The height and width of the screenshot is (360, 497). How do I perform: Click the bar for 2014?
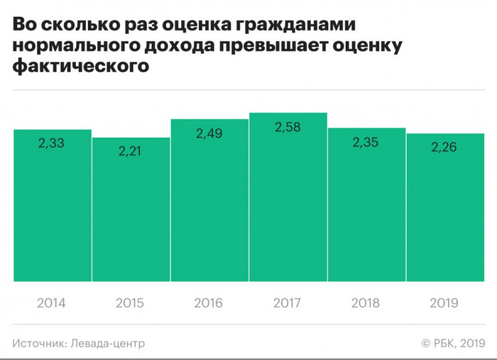click(x=53, y=213)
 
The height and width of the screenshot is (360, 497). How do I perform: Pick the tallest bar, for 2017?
click(x=288, y=206)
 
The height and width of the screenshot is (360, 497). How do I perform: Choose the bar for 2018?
click(x=366, y=213)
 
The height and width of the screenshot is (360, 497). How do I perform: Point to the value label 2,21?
click(x=131, y=151)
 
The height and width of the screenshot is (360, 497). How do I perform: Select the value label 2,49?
click(x=209, y=132)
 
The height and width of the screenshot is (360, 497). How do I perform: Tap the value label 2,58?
click(x=288, y=126)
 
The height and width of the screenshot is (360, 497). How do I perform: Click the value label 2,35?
click(x=366, y=141)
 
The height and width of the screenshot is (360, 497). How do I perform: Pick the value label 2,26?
click(x=444, y=148)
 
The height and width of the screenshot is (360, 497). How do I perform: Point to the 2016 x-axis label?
click(x=209, y=303)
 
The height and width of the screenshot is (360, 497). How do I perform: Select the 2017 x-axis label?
click(x=288, y=303)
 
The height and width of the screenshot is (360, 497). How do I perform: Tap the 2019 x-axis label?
click(x=444, y=303)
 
